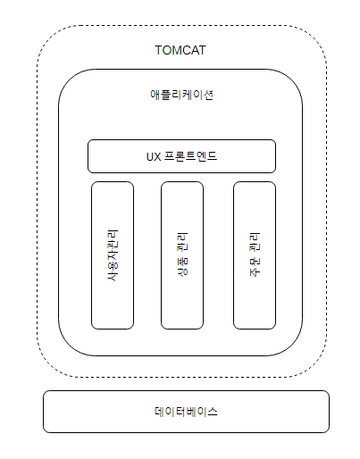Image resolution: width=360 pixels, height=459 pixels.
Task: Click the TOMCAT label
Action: [x=180, y=50]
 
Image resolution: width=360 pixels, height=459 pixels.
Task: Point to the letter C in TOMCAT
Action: [x=185, y=50]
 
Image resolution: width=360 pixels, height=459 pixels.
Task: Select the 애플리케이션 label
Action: [x=181, y=95]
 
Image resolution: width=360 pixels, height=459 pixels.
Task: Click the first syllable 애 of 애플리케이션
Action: [x=155, y=95]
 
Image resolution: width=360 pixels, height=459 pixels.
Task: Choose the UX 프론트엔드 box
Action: [x=181, y=156]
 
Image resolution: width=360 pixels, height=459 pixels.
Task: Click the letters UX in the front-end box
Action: [x=154, y=156]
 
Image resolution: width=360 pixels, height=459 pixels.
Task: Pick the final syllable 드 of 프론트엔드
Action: [x=212, y=156]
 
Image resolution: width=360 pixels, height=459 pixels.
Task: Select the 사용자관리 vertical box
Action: [x=113, y=255]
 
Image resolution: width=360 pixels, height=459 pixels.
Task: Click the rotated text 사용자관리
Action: [x=113, y=255]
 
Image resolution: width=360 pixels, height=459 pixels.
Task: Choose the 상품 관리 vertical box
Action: [x=182, y=255]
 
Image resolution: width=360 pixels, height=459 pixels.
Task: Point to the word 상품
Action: [x=182, y=266]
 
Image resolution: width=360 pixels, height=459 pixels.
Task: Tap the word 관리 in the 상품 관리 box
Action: [x=182, y=242]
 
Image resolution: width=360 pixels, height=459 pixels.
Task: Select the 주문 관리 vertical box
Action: [x=255, y=255]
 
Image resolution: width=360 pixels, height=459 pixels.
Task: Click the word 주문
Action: [x=255, y=267]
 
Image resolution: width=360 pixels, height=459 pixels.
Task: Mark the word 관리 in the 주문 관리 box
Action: [x=255, y=242]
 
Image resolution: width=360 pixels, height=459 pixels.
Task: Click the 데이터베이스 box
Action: [x=186, y=412]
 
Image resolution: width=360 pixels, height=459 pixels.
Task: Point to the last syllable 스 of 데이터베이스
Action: [x=213, y=412]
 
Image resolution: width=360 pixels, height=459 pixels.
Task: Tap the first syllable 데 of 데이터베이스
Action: [x=159, y=412]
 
